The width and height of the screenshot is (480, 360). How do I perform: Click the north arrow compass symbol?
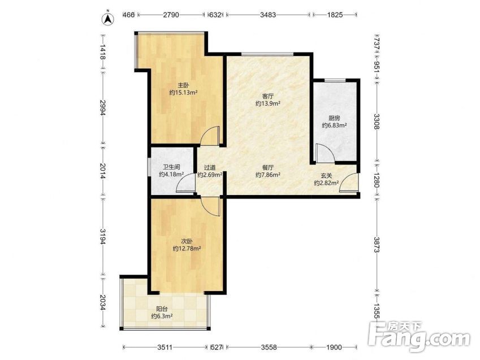108,18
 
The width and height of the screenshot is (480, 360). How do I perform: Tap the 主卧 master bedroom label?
183,85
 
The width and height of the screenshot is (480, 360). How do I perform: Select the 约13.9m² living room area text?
268,103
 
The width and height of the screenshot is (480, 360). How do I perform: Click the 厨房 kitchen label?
334,118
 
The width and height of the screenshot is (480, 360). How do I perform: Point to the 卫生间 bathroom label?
171,167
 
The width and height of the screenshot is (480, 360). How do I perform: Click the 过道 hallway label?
210,167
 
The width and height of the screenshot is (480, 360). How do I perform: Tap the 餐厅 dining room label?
268,167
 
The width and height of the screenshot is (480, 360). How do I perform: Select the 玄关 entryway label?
326,176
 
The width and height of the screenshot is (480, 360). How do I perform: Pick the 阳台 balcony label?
162,309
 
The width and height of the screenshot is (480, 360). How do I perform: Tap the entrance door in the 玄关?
349,183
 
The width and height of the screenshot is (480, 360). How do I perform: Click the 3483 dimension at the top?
268,14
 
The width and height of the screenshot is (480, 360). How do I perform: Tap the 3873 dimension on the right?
377,244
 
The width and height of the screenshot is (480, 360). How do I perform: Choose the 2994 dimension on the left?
103,108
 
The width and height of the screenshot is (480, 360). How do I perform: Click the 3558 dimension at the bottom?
269,347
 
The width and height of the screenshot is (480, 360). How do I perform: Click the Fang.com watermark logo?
420,337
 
